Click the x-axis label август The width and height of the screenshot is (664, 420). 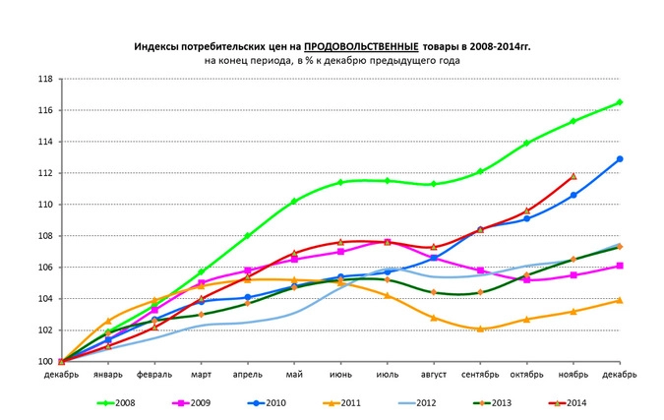pos(434,374)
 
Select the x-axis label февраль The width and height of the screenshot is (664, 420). pos(154,374)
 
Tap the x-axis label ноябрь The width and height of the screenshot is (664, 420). pos(573,374)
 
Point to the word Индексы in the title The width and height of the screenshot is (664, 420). pos(156,46)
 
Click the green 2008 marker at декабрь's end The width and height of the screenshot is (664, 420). pos(620,102)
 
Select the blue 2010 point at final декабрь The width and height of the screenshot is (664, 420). pos(620,158)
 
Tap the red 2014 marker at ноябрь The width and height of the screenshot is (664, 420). pos(573,177)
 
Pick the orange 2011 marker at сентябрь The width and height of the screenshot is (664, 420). pos(480,329)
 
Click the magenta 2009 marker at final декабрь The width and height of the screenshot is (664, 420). pos(620,266)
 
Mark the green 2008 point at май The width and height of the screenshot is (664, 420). pos(294,202)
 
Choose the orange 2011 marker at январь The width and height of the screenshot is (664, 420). pos(108,321)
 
